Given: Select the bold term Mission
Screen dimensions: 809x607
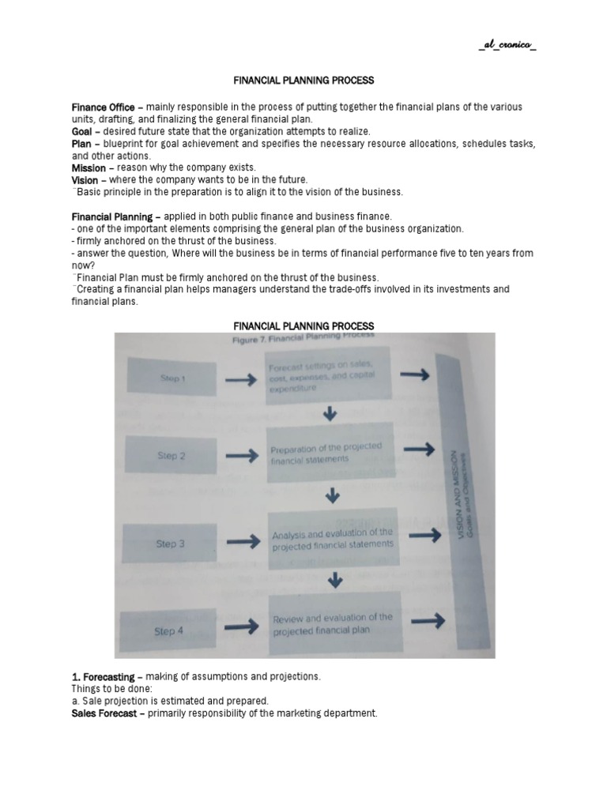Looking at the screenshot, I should click(x=89, y=167).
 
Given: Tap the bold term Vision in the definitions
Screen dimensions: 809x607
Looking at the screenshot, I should click(x=85, y=179).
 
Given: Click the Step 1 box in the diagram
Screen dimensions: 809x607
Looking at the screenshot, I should click(x=172, y=378).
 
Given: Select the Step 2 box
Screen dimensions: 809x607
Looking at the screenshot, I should click(x=172, y=456).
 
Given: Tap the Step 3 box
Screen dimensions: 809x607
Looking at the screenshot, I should click(x=172, y=543).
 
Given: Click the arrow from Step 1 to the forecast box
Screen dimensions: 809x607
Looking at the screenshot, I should click(x=240, y=380).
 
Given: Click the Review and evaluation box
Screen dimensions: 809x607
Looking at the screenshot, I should click(x=332, y=623).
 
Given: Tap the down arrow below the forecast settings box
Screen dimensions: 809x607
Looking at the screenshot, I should click(x=331, y=414).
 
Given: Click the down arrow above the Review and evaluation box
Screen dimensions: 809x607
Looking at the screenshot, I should click(x=336, y=580).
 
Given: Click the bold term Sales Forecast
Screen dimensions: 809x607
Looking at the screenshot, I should click(x=107, y=713).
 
